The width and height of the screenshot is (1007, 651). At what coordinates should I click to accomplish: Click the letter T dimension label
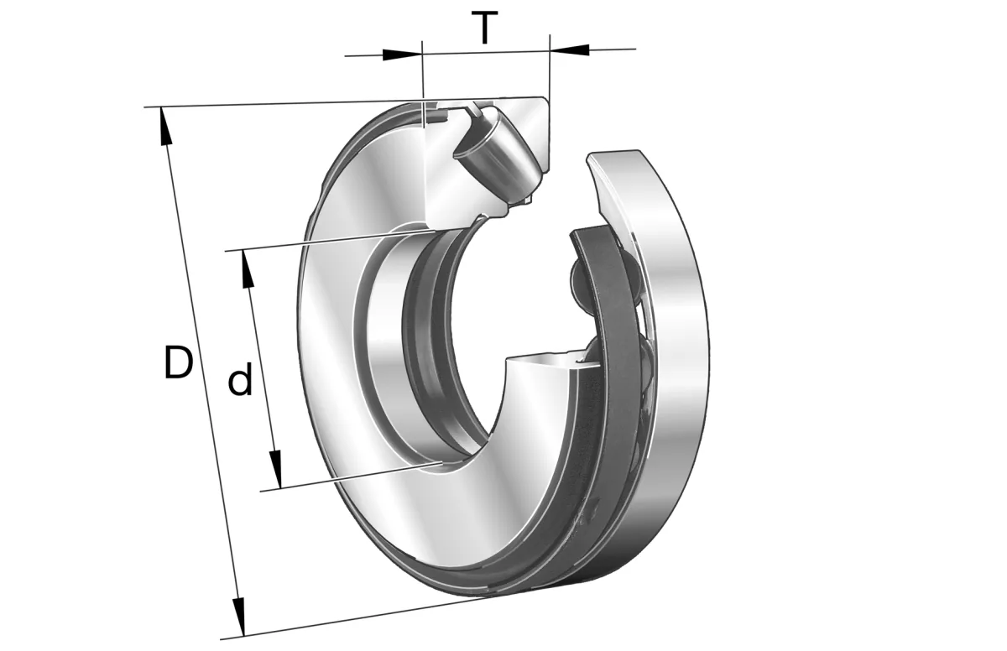tap(484, 28)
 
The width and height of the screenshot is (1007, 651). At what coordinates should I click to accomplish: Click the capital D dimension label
tap(179, 362)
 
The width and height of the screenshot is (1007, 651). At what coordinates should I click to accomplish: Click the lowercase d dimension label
tap(240, 378)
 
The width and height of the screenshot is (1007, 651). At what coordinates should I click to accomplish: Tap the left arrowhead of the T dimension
tap(402, 55)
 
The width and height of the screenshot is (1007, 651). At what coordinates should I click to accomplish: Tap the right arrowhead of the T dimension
tap(569, 49)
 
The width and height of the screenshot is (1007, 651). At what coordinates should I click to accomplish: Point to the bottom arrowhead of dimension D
tap(239, 617)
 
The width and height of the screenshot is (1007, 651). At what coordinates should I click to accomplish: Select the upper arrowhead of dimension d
tap(248, 268)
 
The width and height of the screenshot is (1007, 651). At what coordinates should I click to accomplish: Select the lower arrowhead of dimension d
tap(275, 470)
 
